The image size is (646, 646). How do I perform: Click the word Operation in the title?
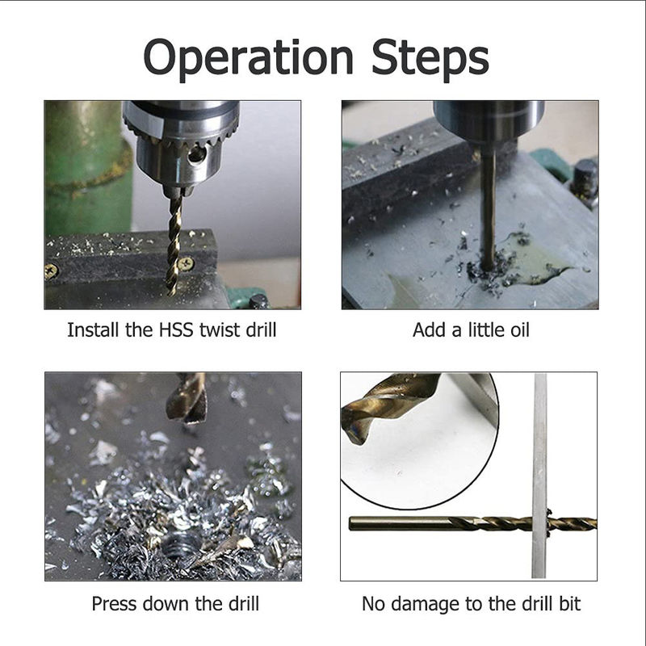[248, 57]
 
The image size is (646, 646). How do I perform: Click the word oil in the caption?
[519, 330]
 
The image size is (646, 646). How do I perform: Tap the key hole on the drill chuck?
[196, 155]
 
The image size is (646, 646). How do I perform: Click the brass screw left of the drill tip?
[51, 271]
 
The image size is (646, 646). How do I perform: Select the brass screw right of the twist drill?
[186, 263]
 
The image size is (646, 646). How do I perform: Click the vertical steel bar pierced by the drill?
[539, 476]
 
